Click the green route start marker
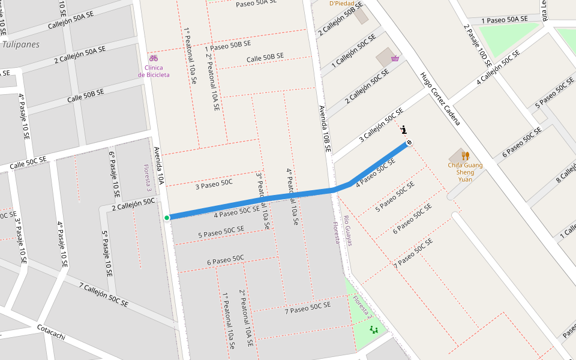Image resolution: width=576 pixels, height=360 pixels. (x=167, y=217)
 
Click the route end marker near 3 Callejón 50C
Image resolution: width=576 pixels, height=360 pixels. (x=409, y=142)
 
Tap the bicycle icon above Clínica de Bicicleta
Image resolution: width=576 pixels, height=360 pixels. (x=154, y=58)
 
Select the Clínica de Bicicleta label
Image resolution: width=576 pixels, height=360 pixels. (x=154, y=71)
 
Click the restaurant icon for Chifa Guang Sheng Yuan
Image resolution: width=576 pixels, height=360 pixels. (x=465, y=155)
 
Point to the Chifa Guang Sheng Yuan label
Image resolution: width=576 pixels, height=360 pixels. (x=465, y=172)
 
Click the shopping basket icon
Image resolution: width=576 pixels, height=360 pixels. (x=395, y=58)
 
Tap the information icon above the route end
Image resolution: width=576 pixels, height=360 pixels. (x=404, y=129)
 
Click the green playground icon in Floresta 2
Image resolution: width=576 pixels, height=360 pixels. (x=374, y=329)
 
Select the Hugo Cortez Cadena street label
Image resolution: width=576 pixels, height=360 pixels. (x=440, y=99)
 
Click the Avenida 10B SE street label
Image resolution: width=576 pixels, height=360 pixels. (x=325, y=128)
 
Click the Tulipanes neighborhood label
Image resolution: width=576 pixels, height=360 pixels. (x=20, y=44)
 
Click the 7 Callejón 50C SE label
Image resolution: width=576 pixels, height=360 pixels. (x=103, y=295)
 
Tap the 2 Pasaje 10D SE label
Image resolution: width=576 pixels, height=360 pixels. (x=478, y=46)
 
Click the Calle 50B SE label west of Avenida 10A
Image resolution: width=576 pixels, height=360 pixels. (x=86, y=95)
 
